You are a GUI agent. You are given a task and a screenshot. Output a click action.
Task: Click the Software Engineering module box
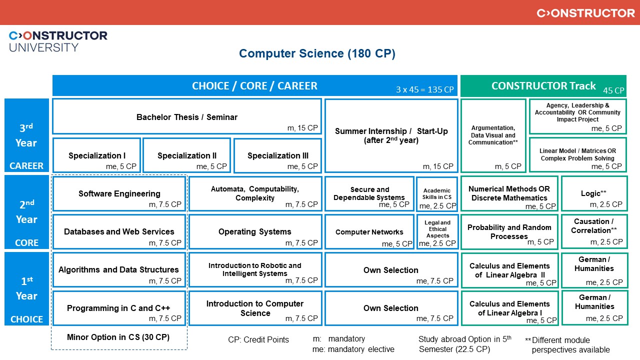point(119,193)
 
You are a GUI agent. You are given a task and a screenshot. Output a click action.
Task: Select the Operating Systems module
point(255,231)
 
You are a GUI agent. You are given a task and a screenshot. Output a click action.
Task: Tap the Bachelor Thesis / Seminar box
point(186,117)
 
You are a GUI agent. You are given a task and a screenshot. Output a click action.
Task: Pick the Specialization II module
point(186,155)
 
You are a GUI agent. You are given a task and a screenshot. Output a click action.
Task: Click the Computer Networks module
point(369,232)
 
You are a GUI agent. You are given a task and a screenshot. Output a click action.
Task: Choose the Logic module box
point(593,193)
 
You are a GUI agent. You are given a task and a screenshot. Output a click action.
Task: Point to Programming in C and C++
point(119,308)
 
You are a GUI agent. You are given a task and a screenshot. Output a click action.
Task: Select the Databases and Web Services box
point(119,231)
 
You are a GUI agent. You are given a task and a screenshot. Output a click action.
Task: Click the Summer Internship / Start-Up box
point(391,135)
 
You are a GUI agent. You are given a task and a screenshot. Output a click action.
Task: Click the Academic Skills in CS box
point(437,194)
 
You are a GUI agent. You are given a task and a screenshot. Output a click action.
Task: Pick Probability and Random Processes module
point(509,231)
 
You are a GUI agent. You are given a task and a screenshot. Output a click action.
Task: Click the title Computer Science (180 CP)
point(317,54)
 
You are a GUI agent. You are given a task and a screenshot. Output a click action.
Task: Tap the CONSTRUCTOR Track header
point(543,86)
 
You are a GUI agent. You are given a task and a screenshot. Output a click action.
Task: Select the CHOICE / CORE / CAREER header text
point(254,86)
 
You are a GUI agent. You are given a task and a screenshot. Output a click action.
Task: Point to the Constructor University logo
point(58,41)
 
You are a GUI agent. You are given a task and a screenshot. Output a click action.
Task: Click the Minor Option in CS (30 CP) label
point(118,337)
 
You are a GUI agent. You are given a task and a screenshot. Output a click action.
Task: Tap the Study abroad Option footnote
point(464,344)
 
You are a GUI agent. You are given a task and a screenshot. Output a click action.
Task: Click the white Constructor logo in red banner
point(585,13)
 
